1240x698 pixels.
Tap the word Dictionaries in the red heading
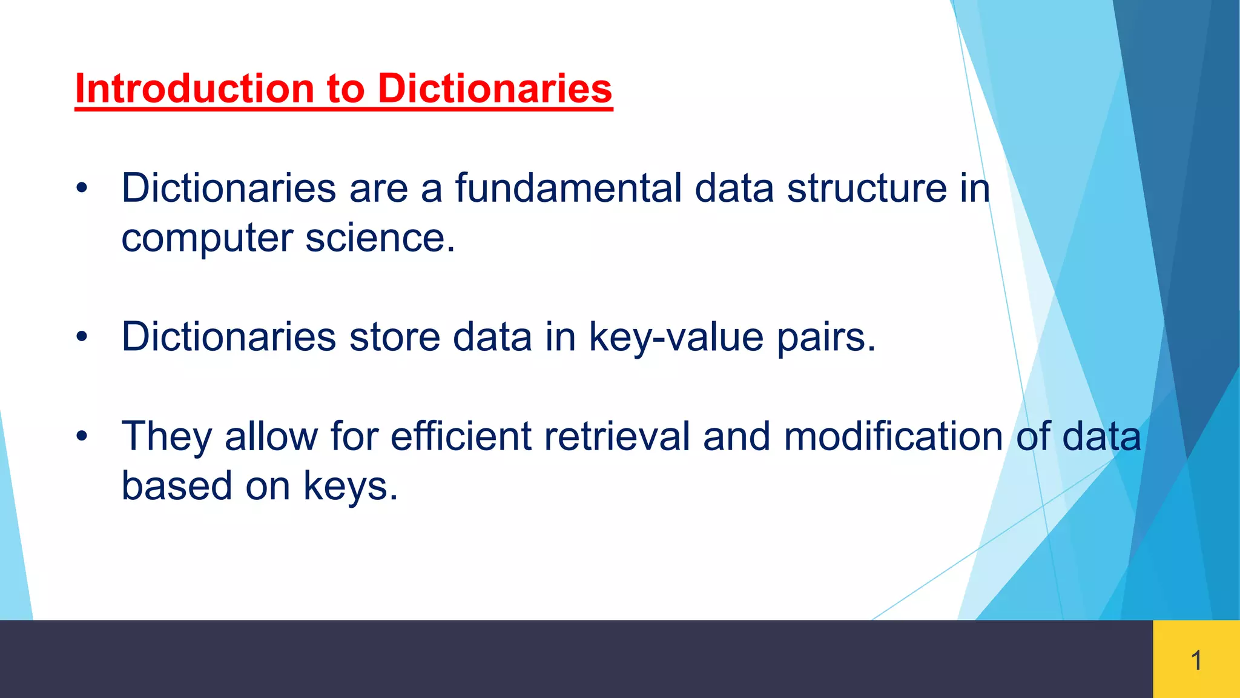(495, 89)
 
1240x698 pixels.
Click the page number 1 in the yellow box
(1196, 660)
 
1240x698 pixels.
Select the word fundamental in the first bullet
(568, 188)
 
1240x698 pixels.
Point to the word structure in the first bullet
(866, 188)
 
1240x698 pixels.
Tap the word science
(380, 238)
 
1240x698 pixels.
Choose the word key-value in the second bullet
(676, 337)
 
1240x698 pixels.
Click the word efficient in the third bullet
(461, 436)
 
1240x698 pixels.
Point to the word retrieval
(616, 436)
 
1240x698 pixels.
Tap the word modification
(893, 436)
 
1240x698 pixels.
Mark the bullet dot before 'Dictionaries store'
(82, 337)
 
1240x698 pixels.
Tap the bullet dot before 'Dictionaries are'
(82, 188)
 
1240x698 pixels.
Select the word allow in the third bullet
(271, 436)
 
